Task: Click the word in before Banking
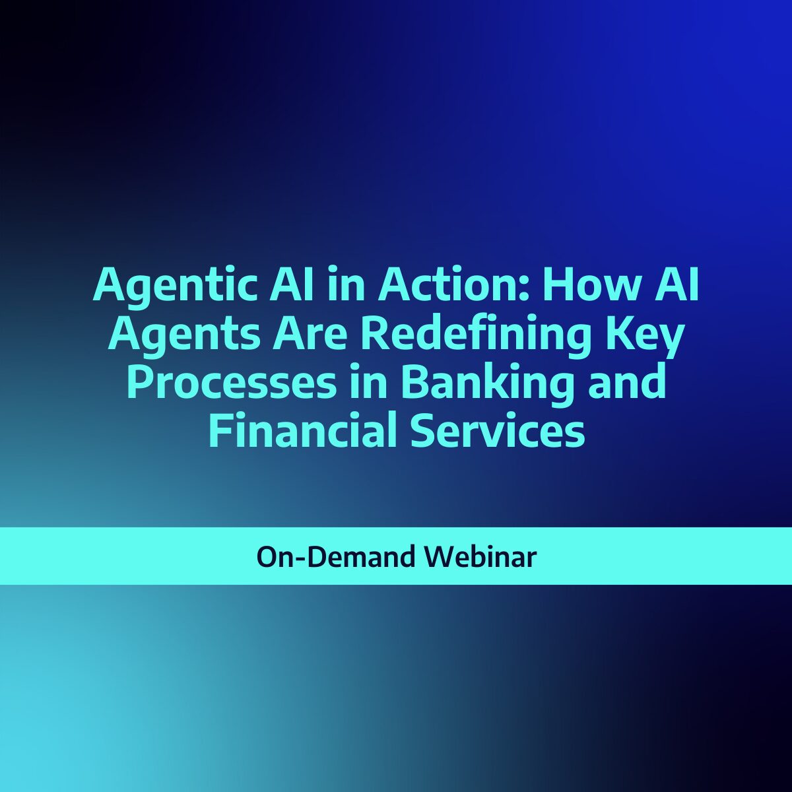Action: click(x=368, y=383)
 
